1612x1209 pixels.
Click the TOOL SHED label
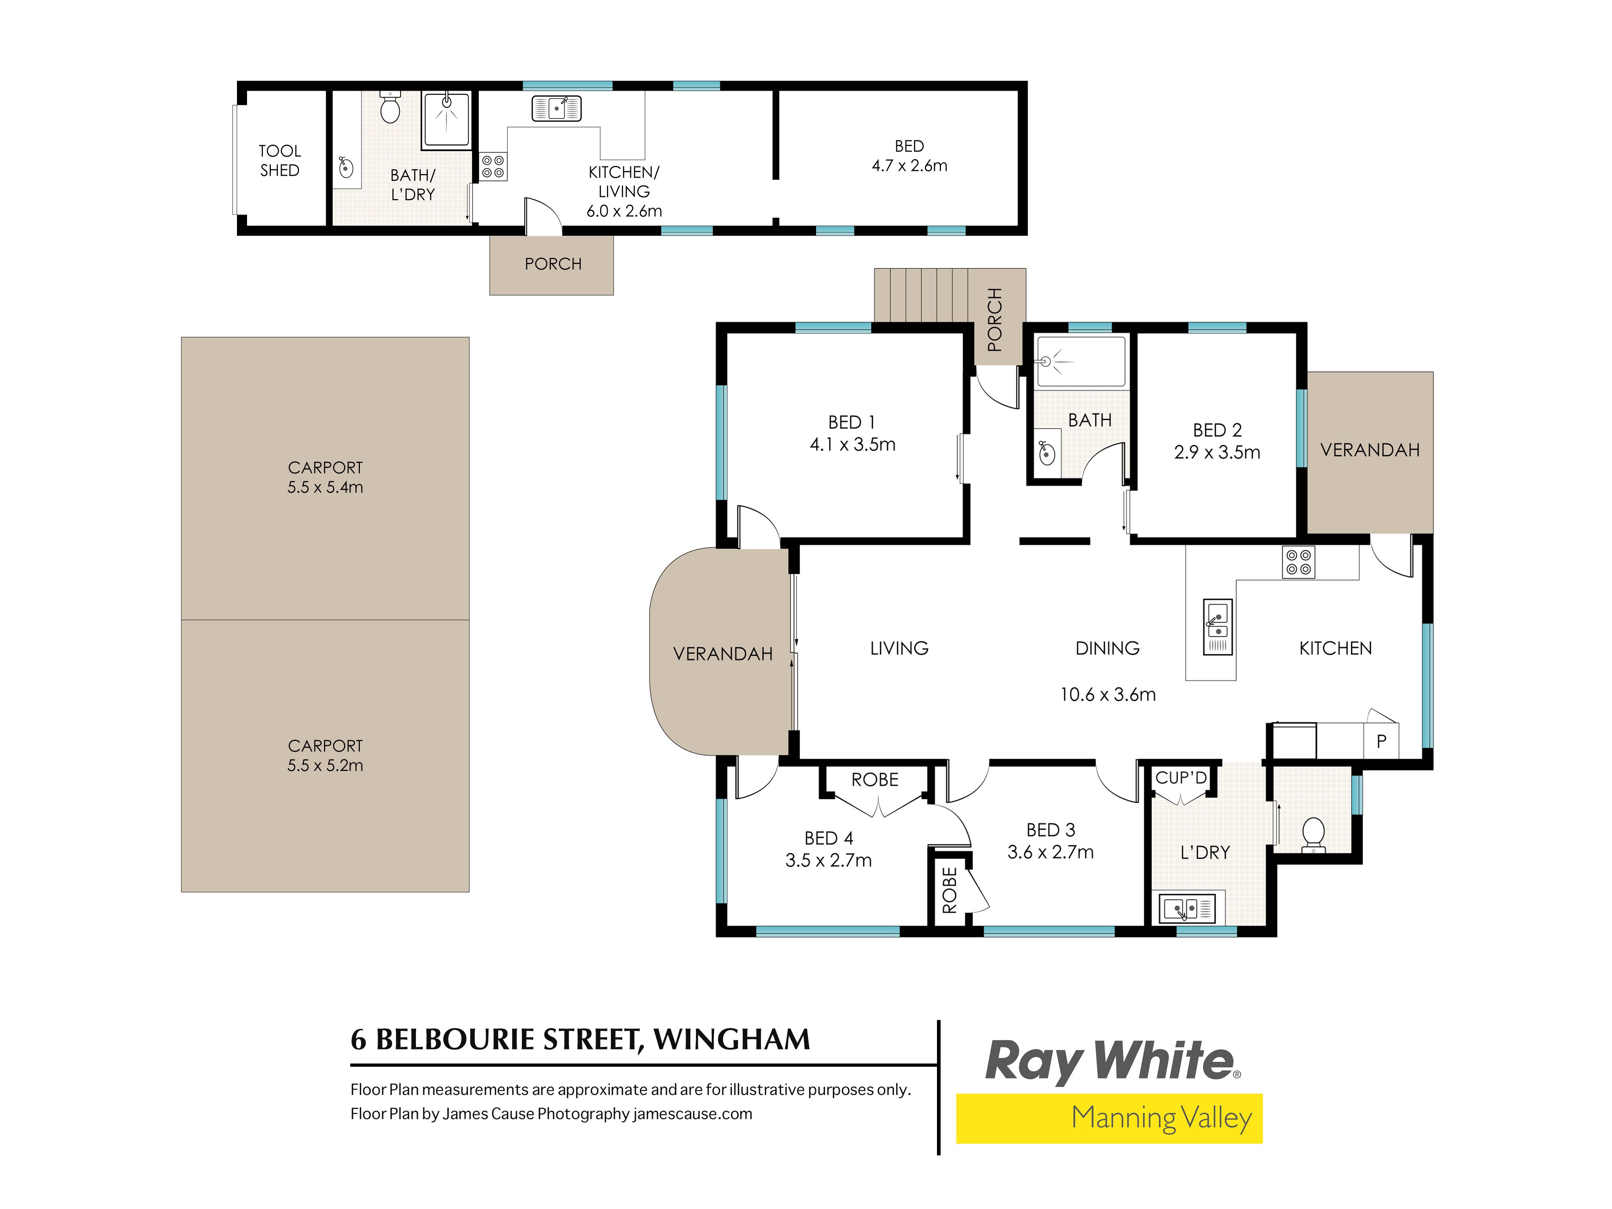point(280,160)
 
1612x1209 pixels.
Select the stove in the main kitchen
point(1298,562)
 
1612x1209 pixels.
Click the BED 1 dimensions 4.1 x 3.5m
point(853,445)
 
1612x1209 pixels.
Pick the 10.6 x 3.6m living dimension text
point(1108,694)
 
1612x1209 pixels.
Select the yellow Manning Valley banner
point(1109,1118)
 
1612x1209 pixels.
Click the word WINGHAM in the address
point(732,1040)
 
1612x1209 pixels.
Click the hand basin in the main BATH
point(1047,453)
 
